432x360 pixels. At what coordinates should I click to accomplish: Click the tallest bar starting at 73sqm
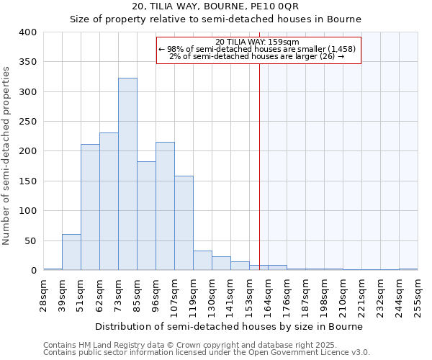pos(127,174)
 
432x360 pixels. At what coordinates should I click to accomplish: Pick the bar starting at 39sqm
pos(71,252)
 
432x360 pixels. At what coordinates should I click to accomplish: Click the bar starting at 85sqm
pos(146,216)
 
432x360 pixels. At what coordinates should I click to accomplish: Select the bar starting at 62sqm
pos(109,202)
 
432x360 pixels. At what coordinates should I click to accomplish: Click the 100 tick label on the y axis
pos(27,211)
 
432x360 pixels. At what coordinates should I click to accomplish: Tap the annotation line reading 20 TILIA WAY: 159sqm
pos(258,42)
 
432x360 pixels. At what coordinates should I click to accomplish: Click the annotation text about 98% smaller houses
pos(258,49)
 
